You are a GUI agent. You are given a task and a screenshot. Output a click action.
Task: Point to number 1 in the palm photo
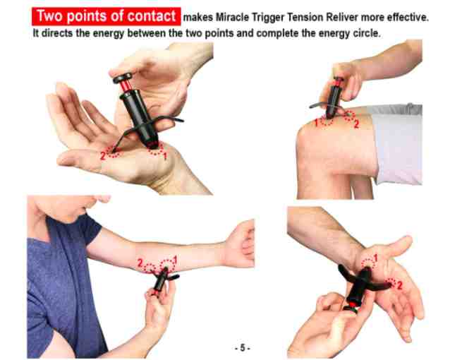coord(166,155)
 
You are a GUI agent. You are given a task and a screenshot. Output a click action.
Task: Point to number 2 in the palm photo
coord(103,154)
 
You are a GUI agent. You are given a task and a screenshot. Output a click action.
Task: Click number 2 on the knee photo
coord(356,124)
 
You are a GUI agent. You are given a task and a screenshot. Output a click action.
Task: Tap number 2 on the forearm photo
coord(140,263)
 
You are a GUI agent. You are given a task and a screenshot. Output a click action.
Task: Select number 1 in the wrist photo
coord(376,257)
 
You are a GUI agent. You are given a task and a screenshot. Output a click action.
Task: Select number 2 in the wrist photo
coord(399,285)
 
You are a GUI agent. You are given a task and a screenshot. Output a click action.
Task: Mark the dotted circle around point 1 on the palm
coord(155,148)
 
